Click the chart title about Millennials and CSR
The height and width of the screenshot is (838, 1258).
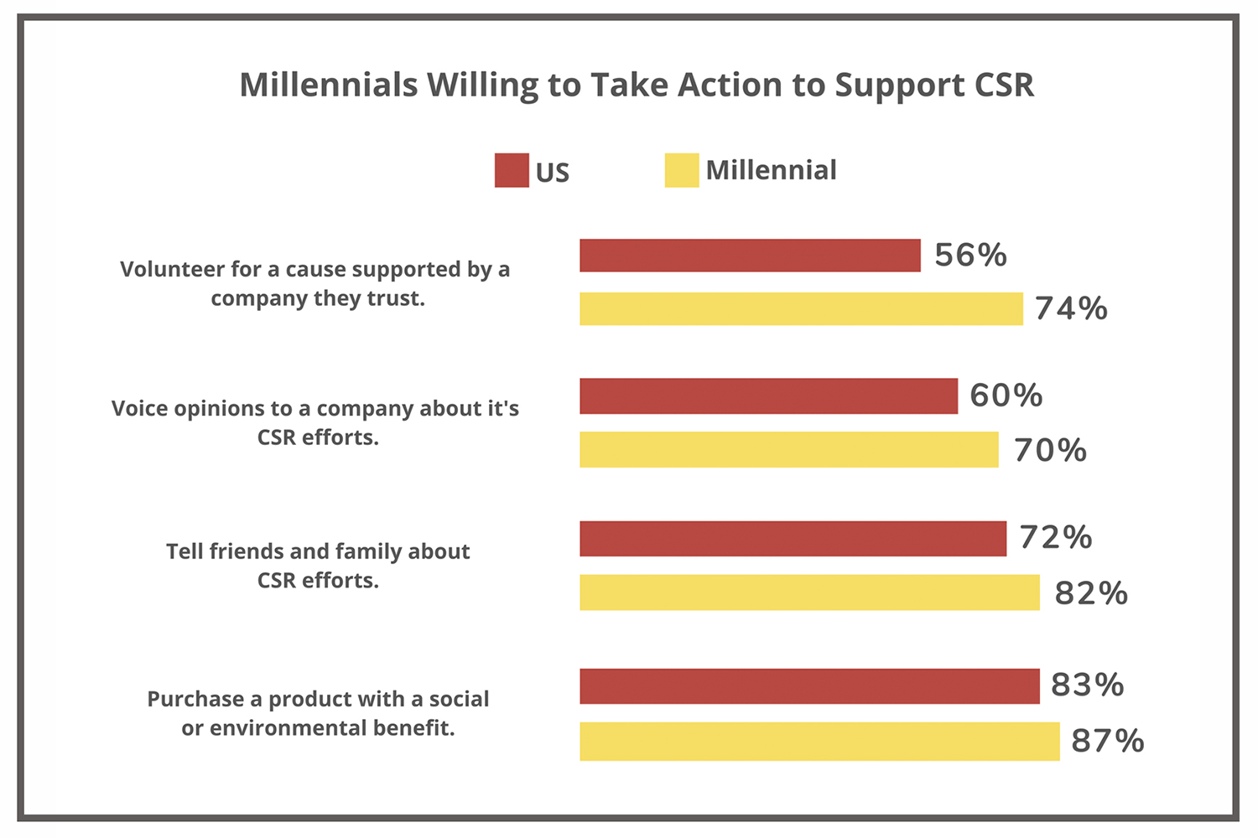[637, 85]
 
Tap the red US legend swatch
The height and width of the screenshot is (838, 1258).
[512, 170]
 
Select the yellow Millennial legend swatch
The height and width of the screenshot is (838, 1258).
[681, 170]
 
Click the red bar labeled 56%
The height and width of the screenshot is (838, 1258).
[750, 256]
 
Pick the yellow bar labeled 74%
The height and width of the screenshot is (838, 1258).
[801, 308]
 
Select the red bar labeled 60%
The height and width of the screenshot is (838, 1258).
[768, 396]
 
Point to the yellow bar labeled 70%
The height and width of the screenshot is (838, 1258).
[789, 449]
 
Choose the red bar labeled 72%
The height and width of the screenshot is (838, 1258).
[793, 538]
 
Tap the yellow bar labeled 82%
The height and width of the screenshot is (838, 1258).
[809, 592]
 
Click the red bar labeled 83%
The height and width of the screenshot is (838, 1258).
[809, 685]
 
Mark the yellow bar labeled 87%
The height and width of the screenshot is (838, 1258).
[819, 741]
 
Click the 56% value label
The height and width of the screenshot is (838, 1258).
[970, 256]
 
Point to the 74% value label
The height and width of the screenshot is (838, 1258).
[1071, 309]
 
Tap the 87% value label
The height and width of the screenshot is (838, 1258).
[1107, 742]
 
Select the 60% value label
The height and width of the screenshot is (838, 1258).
[1006, 396]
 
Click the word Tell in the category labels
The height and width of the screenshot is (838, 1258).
[184, 551]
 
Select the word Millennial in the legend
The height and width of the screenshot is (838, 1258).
[771, 170]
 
